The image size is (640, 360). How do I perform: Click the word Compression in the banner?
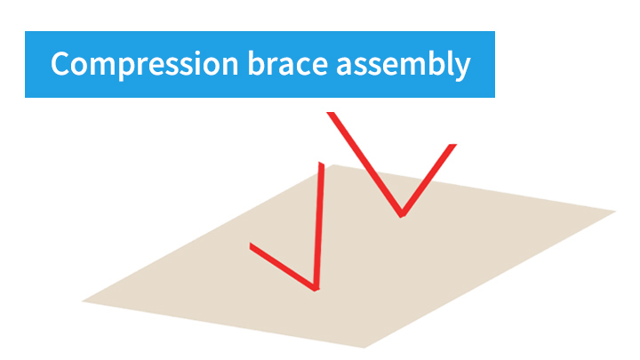[x=145, y=65]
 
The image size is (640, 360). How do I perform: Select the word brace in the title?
[x=288, y=63]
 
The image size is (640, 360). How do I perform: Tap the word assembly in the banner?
[x=404, y=65]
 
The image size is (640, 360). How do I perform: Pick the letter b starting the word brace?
[x=257, y=63]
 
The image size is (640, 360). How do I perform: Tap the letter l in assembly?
[x=446, y=63]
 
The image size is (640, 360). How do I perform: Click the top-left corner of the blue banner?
[x=25, y=31]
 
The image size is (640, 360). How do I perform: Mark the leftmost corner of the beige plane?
[x=83, y=301]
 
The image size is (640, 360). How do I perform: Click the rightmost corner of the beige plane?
[x=615, y=211]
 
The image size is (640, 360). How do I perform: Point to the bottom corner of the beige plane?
[x=364, y=348]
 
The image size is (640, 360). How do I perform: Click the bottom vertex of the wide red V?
[x=402, y=215]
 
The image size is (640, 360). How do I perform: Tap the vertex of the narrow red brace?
[x=316, y=289]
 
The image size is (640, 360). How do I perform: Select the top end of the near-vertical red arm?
[x=322, y=163]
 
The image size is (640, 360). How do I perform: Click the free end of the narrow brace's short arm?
[x=250, y=246]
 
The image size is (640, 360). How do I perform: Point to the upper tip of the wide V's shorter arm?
[x=452, y=145]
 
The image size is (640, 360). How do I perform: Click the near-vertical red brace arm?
[x=319, y=226]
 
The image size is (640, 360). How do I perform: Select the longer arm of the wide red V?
[x=366, y=164]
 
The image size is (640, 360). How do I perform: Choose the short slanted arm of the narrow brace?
[x=283, y=267]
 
